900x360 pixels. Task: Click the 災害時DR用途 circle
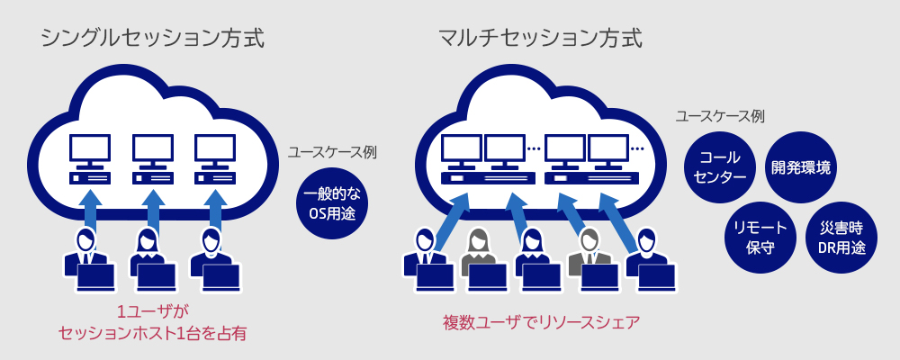point(839,237)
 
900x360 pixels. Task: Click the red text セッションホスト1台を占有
point(151,334)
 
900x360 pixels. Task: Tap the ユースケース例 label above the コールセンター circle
point(720,116)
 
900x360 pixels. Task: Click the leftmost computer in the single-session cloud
point(90,160)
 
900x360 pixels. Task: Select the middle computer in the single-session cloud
point(152,160)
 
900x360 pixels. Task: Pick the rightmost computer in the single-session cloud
point(214,160)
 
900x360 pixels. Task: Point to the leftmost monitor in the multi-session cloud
point(460,151)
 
